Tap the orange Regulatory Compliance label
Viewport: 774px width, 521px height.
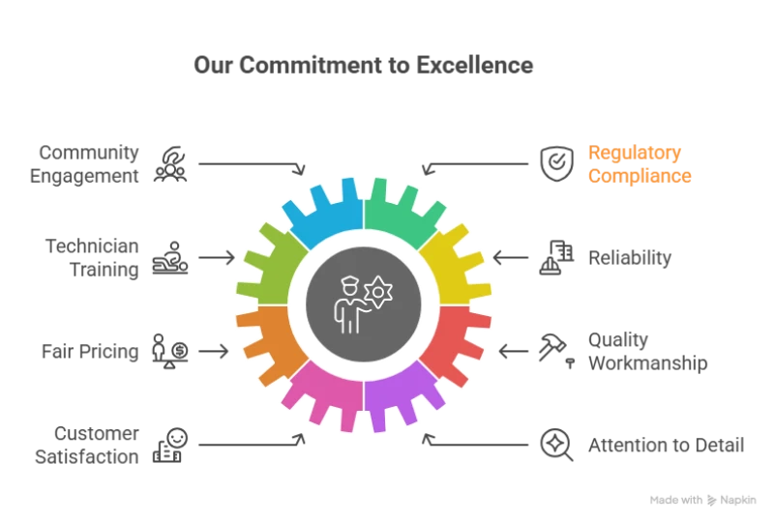click(x=640, y=164)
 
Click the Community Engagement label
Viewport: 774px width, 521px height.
click(x=88, y=164)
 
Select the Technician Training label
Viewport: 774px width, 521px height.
click(x=92, y=258)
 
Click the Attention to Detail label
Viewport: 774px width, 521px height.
click(x=669, y=445)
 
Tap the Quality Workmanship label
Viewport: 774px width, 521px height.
click(x=647, y=351)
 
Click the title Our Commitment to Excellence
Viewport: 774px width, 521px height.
click(x=363, y=66)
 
